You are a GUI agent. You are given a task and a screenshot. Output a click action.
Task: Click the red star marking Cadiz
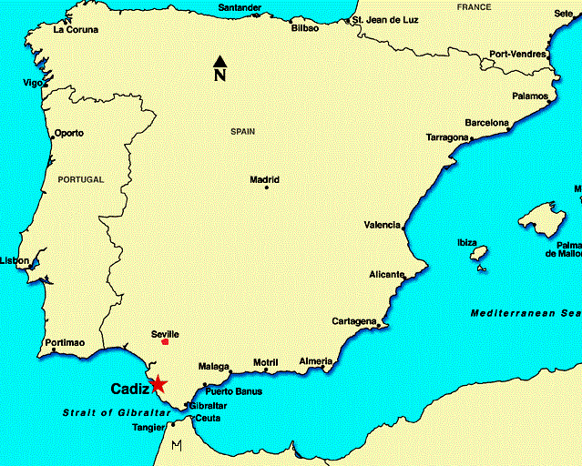158,384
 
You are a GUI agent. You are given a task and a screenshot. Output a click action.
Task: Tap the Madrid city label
264,179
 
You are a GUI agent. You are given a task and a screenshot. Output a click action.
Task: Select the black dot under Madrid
266,188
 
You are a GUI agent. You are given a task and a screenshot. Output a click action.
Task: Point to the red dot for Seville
165,342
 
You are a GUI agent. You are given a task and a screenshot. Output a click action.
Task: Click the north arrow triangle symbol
220,61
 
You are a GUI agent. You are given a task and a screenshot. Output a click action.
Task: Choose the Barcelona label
487,122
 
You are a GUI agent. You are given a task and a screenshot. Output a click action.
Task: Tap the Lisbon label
14,260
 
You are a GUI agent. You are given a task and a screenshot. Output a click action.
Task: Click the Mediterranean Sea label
526,313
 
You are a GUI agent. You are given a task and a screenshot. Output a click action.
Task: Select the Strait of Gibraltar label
117,412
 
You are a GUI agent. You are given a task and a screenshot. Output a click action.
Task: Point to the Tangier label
149,427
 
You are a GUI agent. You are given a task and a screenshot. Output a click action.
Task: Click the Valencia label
382,225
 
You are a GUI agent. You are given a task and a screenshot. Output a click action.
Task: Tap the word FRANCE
474,7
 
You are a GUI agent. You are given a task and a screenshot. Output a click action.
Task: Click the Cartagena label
353,321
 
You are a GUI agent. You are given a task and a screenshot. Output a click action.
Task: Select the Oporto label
68,133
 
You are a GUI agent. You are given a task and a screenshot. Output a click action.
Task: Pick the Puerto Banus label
233,391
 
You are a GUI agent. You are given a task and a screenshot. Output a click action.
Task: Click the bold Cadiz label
129,389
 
